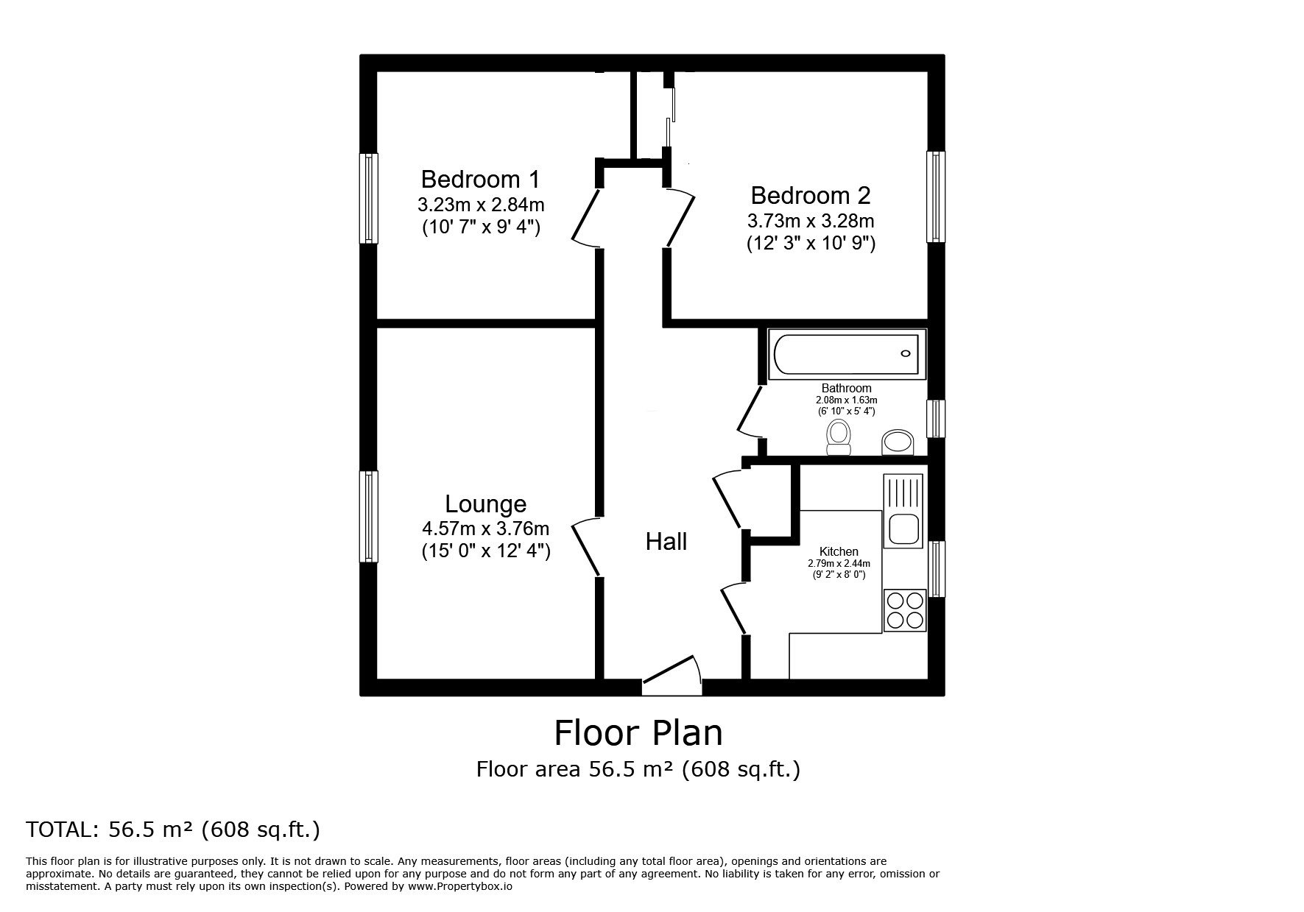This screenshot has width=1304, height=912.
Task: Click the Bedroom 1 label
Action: point(480,179)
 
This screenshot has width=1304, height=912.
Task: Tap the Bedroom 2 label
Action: point(811,195)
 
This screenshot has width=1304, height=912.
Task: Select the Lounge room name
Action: point(486,504)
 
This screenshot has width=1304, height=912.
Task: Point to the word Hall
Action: point(666,542)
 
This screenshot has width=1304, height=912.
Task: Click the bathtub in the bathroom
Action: point(847,354)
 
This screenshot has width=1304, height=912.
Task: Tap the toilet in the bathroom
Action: point(839,438)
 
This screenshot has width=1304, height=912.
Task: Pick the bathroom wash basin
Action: point(898,442)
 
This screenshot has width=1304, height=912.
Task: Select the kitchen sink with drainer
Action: point(903,510)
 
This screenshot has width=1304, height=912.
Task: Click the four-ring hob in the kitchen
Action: point(905,610)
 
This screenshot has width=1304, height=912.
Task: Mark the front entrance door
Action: point(671,674)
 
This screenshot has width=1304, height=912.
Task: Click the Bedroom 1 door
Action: point(588,218)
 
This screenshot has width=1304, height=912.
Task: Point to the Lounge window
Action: point(369,516)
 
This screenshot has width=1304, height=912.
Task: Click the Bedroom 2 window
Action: point(936,197)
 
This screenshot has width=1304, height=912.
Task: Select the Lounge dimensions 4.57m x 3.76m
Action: point(486,529)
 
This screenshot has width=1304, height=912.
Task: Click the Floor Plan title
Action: point(638,733)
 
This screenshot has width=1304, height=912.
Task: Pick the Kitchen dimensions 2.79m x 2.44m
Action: point(839,564)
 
